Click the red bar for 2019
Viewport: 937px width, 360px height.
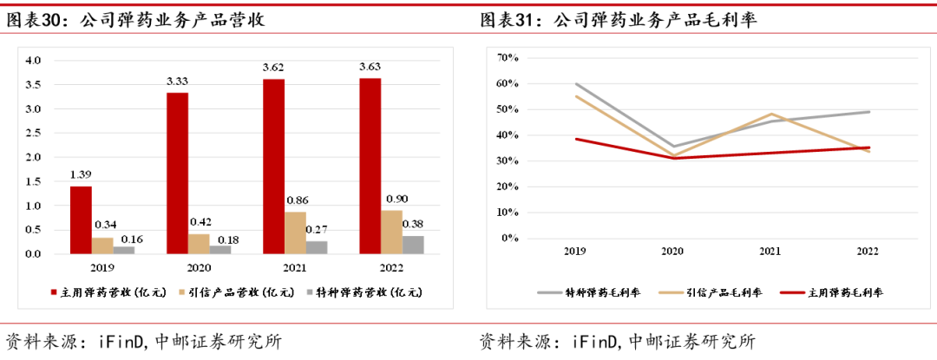tap(81, 219)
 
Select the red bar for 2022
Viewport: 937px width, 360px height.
tap(370, 166)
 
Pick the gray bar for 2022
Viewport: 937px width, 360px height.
tap(415, 245)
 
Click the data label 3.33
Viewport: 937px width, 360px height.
tap(177, 82)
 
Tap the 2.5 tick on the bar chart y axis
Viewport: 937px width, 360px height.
tap(33, 134)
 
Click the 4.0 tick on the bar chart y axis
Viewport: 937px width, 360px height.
tap(33, 61)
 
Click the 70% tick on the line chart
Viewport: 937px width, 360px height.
tap(508, 58)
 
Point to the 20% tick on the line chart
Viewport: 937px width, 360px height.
tap(508, 187)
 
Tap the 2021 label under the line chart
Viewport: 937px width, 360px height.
tap(769, 251)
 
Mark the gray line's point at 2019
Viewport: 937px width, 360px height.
tap(574, 84)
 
